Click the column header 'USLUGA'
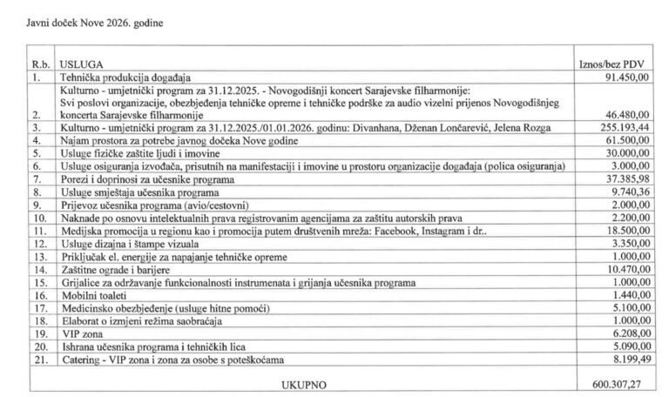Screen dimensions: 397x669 pyautogui.click(x=79, y=65)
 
